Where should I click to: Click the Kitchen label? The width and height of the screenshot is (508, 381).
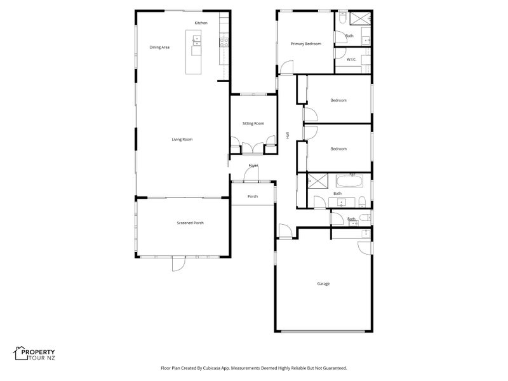coord(201,23)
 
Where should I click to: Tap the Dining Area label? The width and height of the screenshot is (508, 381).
coord(159,47)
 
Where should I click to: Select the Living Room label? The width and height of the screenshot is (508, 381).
coord(182,140)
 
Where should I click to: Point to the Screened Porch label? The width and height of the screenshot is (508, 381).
coord(190,224)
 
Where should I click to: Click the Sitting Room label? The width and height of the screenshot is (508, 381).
coord(253,123)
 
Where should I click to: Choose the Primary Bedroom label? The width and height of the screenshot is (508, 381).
coord(306,44)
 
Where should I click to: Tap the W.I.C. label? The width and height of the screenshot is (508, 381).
coord(352,60)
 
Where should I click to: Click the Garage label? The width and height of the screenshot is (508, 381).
coord(323,284)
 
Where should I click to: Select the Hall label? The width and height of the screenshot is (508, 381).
coord(288,135)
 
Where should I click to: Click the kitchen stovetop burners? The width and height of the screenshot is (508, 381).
coord(224,43)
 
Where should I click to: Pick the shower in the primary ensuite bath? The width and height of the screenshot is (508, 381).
coord(360,18)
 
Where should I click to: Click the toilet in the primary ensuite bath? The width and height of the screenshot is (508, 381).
coord(342,18)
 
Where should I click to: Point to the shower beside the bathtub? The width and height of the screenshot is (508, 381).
coord(317,181)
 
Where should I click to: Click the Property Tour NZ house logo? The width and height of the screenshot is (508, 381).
coord(20,353)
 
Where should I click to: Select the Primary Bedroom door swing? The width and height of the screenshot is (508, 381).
coord(286,67)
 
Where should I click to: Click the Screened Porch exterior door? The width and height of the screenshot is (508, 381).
coord(178,264)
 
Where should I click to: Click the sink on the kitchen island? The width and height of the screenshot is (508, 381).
coord(197,41)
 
